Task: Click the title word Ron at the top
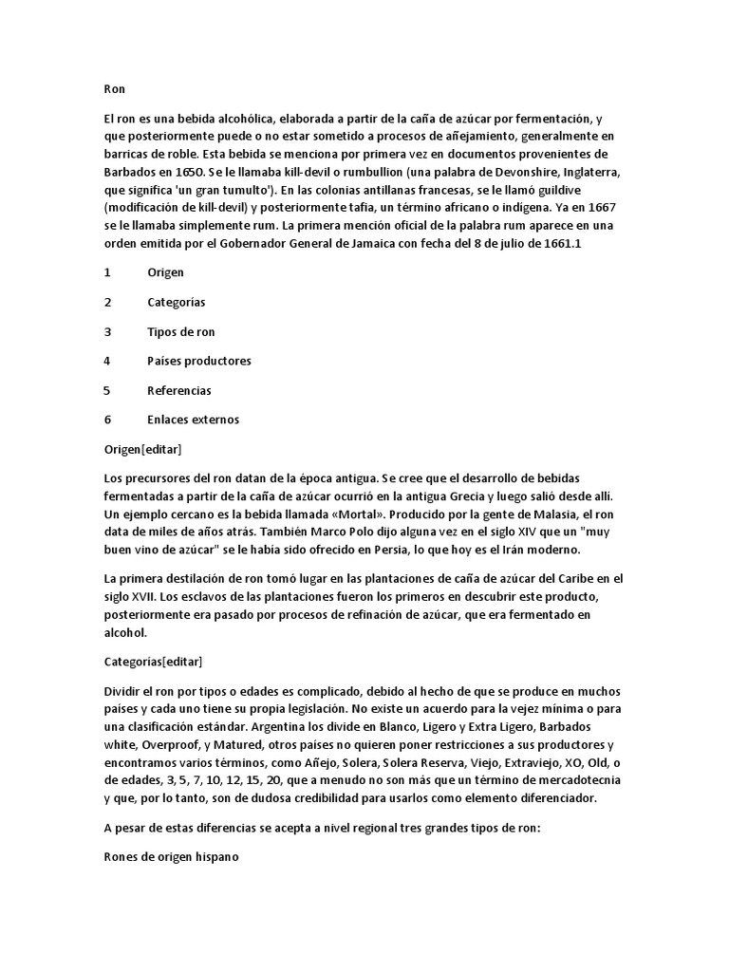pyautogui.click(x=114, y=88)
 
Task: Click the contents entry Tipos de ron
pyautogui.click(x=180, y=331)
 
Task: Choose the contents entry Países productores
pyautogui.click(x=198, y=361)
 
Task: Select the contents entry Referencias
pyautogui.click(x=178, y=390)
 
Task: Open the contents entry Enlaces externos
pyautogui.click(x=193, y=420)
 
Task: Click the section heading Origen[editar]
pyautogui.click(x=142, y=448)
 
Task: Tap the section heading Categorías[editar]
pyautogui.click(x=153, y=661)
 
